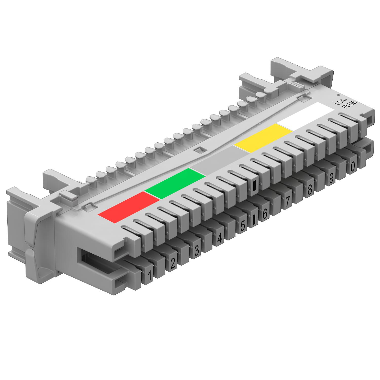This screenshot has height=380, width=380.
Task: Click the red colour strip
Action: click(x=129, y=207)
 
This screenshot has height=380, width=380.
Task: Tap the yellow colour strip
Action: click(x=263, y=138)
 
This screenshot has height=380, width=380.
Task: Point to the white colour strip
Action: click(x=305, y=117)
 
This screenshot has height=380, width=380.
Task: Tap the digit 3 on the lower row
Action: click(x=196, y=251)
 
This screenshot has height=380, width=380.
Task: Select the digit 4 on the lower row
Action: click(x=220, y=238)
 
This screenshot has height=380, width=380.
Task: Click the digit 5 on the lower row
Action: click(x=242, y=225)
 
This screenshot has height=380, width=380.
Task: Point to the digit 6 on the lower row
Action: click(x=265, y=214)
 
